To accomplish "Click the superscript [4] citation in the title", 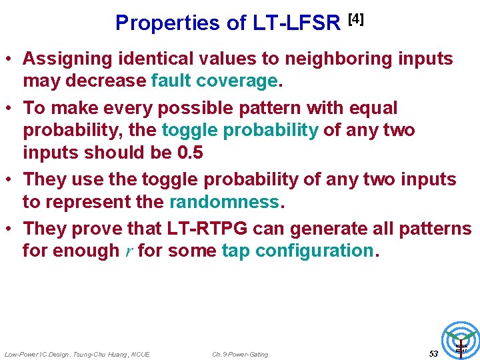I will point(355,19).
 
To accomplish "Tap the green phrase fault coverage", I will point(216,81).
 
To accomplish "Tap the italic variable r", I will point(128,251).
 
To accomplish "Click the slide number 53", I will point(433,353).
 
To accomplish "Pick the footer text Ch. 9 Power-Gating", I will point(240,354).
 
